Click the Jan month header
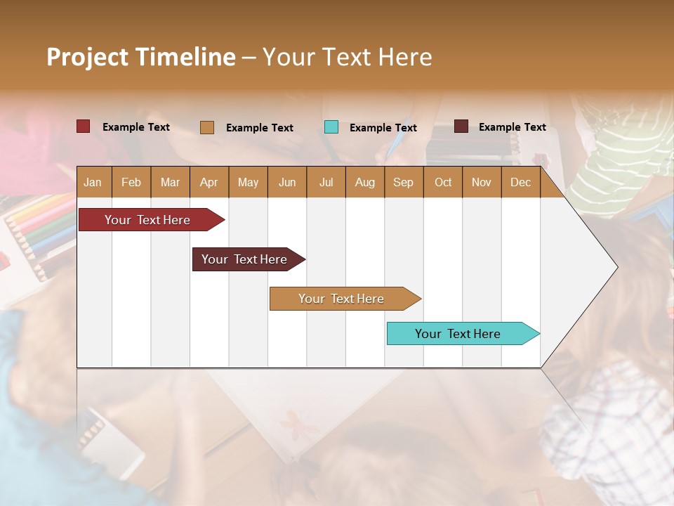pyautogui.click(x=93, y=182)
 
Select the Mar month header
pyautogui.click(x=170, y=182)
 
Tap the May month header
pyautogui.click(x=248, y=182)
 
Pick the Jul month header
pyautogui.click(x=326, y=182)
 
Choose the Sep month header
pyautogui.click(x=403, y=182)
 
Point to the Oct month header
pyautogui.click(x=443, y=182)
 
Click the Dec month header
pyautogui.click(x=520, y=182)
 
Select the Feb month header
pyautogui.click(x=131, y=182)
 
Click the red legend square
pyautogui.click(x=84, y=126)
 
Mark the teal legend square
pyautogui.click(x=331, y=127)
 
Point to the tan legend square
pyautogui.click(x=207, y=127)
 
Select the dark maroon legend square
pyautogui.click(x=461, y=126)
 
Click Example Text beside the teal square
pyautogui.click(x=383, y=127)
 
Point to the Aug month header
pyautogui.click(x=364, y=182)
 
